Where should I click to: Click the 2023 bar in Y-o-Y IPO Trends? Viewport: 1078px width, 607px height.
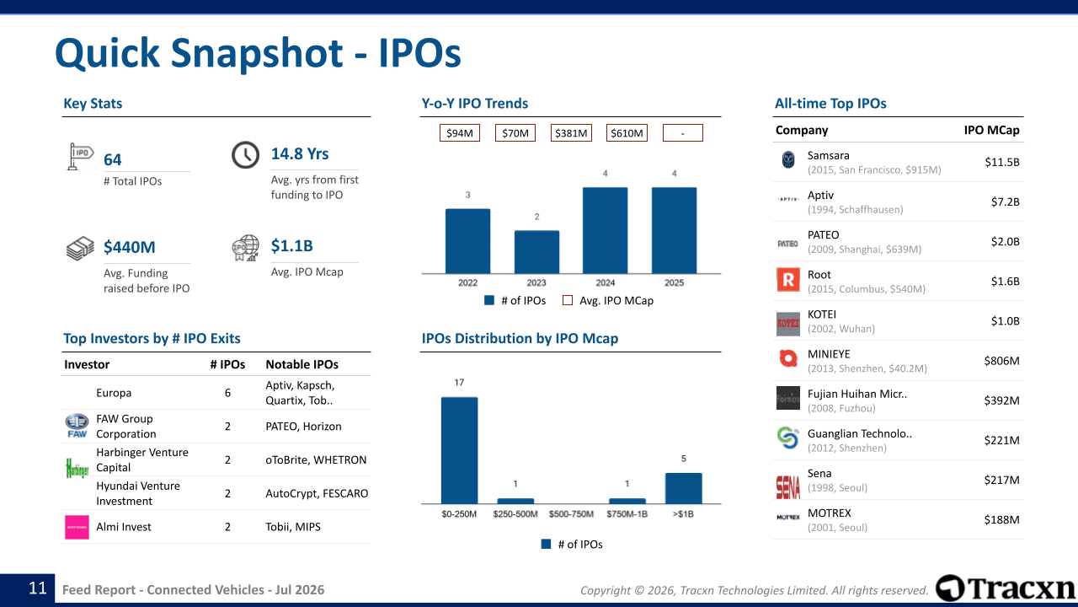pyautogui.click(x=536, y=252)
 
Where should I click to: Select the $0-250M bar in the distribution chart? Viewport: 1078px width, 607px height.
pyautogui.click(x=459, y=450)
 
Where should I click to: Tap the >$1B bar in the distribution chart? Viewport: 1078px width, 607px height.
pyautogui.click(x=683, y=488)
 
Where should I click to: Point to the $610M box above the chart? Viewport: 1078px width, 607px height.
pyautogui.click(x=627, y=133)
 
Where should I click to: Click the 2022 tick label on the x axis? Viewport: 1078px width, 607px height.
pyautogui.click(x=467, y=282)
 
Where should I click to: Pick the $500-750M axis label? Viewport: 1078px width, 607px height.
pyautogui.click(x=571, y=514)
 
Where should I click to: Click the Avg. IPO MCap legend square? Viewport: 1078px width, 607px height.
pyautogui.click(x=568, y=300)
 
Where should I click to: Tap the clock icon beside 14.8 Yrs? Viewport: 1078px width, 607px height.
pyautogui.click(x=245, y=154)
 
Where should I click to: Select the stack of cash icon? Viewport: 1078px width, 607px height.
pyautogui.click(x=80, y=248)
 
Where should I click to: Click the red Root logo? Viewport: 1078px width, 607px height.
pyautogui.click(x=788, y=280)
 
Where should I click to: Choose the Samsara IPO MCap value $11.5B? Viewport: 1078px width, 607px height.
pyautogui.click(x=1002, y=162)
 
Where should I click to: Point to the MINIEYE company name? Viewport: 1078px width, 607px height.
pyautogui.click(x=829, y=354)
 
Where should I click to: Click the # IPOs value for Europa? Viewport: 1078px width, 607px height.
pyautogui.click(x=227, y=393)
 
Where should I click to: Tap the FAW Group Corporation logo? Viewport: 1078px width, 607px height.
pyautogui.click(x=77, y=426)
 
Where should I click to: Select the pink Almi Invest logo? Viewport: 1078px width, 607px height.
pyautogui.click(x=77, y=527)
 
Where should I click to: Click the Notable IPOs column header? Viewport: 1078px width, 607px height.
pyautogui.click(x=302, y=364)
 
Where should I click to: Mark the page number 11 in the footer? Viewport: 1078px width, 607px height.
pyautogui.click(x=38, y=588)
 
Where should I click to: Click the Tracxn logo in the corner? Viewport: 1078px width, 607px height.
pyautogui.click(x=1006, y=588)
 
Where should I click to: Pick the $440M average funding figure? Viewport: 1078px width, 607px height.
pyautogui.click(x=130, y=247)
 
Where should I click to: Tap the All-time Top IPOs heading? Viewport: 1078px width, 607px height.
pyautogui.click(x=830, y=103)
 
